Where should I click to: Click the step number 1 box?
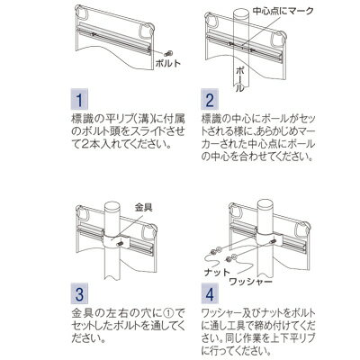(x=79, y=99)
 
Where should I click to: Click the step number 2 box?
(x=210, y=99)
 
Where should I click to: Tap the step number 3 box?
(x=79, y=293)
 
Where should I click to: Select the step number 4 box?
(x=210, y=293)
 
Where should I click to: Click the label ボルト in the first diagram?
(x=168, y=63)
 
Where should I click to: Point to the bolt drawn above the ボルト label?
(x=168, y=54)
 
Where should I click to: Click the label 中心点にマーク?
(x=283, y=11)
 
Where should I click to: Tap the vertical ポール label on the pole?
(x=240, y=79)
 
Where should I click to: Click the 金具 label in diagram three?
(x=144, y=207)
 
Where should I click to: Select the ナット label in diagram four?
(x=217, y=272)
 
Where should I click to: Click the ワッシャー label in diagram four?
(x=250, y=282)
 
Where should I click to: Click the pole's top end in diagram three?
(x=112, y=207)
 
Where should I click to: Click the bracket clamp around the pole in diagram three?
(x=116, y=240)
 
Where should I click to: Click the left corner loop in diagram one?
(x=81, y=12)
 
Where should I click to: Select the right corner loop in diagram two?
(x=279, y=40)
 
